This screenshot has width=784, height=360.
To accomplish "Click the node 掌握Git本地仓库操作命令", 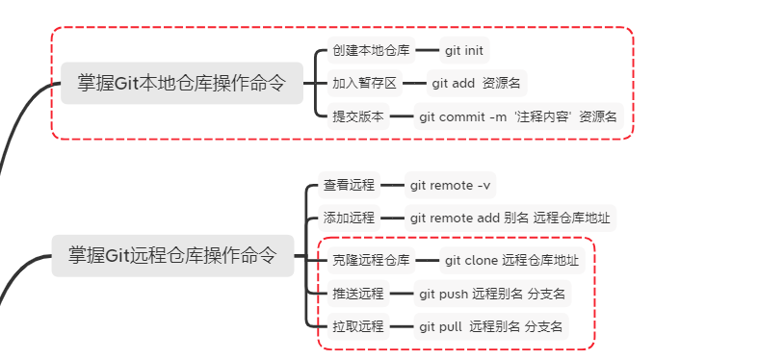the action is point(182,83).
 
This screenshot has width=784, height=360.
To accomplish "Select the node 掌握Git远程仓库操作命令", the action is point(173,255).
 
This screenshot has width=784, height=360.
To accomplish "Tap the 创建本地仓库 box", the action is point(371,50).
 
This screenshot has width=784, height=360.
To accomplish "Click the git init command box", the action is point(464,50).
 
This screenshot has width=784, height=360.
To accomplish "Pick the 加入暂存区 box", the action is point(364,83).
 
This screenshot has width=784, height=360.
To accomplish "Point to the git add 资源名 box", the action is point(477,83).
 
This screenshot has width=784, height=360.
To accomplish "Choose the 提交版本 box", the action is point(358,116).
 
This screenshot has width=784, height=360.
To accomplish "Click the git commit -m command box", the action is point(518,116).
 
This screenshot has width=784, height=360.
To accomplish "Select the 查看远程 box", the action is point(349,185).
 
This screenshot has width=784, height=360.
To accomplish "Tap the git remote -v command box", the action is point(450,185).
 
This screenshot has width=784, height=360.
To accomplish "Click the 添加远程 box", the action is point(349,218).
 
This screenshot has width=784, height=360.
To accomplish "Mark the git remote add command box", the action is point(510,218).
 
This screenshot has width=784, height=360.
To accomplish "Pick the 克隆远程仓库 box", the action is point(371,260).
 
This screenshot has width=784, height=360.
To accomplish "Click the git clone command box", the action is point(512,260).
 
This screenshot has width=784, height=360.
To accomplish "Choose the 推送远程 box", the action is point(358,294).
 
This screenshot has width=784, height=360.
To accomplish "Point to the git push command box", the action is point(492,294).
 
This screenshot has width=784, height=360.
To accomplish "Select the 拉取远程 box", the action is point(358,326).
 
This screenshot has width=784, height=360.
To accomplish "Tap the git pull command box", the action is point(491,326).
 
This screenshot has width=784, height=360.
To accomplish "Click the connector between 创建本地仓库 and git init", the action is point(427,50).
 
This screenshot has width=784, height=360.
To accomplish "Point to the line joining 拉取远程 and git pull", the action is point(402,326).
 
